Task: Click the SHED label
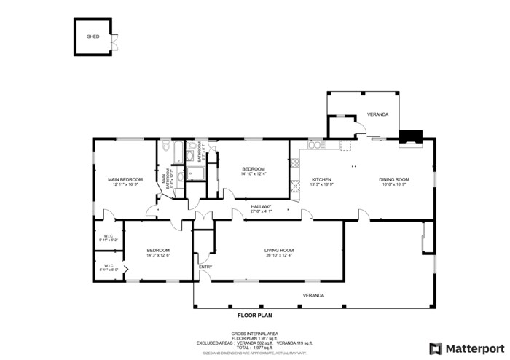tap(93, 35)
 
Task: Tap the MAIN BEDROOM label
tap(125, 179)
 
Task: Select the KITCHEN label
tap(322, 179)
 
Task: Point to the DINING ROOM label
tap(394, 179)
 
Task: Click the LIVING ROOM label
tap(278, 250)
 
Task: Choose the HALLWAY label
tap(261, 206)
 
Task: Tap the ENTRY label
tap(205, 267)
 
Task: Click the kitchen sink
tap(316, 145)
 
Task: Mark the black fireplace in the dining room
tap(410, 136)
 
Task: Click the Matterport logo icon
tap(436, 348)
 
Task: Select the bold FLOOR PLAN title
tap(254, 316)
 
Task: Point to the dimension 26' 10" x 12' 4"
tap(278, 255)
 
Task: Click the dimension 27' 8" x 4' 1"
tap(261, 211)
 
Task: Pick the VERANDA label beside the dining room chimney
tap(377, 114)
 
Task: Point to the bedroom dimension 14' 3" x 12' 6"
tap(158, 255)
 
